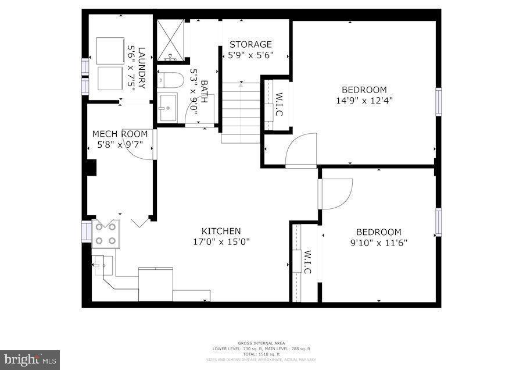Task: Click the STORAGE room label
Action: click(250, 44)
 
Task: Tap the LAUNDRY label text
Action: click(141, 67)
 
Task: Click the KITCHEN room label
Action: click(221, 231)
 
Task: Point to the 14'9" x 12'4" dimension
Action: click(364, 100)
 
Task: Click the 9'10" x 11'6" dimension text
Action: click(378, 242)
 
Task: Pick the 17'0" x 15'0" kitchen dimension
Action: click(221, 241)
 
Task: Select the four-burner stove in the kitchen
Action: click(106, 234)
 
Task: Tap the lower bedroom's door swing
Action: click(336, 193)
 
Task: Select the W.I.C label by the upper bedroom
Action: click(279, 104)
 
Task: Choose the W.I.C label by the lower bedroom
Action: click(308, 262)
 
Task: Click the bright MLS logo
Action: click(30, 358)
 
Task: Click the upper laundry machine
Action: click(110, 49)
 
